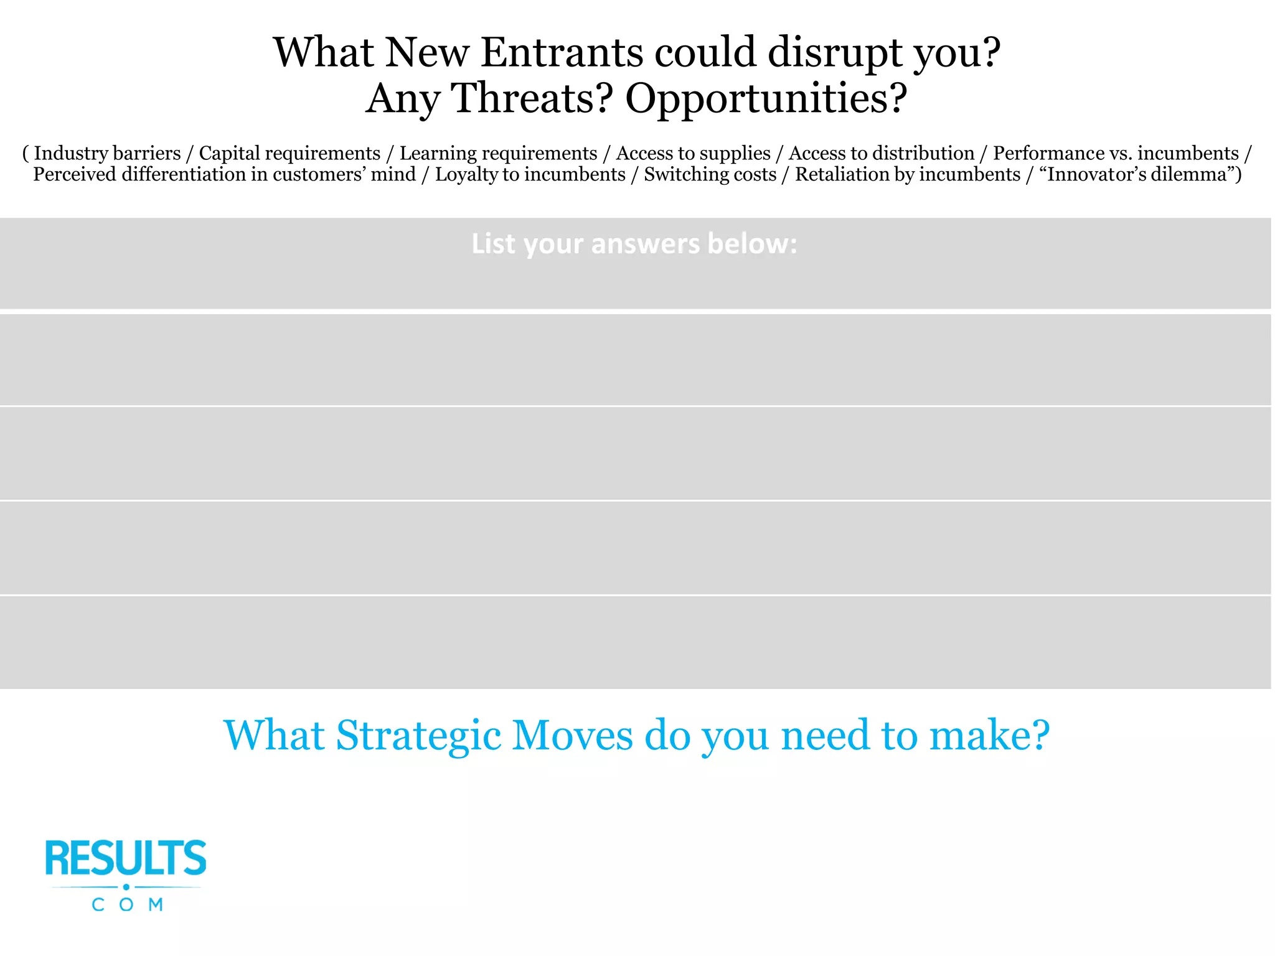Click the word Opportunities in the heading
click(x=766, y=98)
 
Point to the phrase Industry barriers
click(x=106, y=153)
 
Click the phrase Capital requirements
click(x=289, y=153)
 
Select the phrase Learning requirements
click(x=498, y=153)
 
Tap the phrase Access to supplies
click(x=693, y=153)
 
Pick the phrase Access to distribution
click(x=882, y=153)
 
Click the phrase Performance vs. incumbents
click(x=1116, y=153)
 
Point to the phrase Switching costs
click(x=710, y=174)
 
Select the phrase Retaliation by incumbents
click(x=907, y=174)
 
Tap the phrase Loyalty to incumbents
click(x=530, y=174)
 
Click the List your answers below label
click(x=634, y=244)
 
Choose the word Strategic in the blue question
click(x=418, y=736)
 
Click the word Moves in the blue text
click(x=572, y=736)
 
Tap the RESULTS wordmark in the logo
click(x=126, y=858)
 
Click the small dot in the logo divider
click(x=126, y=887)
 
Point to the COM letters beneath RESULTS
click(x=127, y=904)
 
